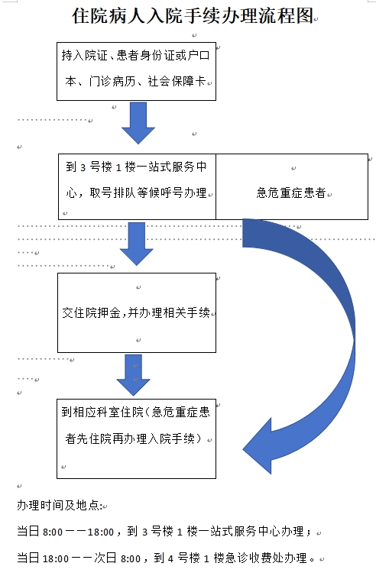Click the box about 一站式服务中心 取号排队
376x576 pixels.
tap(137, 180)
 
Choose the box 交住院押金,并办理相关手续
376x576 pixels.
tap(136, 312)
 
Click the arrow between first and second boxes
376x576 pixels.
tap(138, 125)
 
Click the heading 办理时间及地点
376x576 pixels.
tap(60, 506)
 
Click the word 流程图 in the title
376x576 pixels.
tap(290, 17)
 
